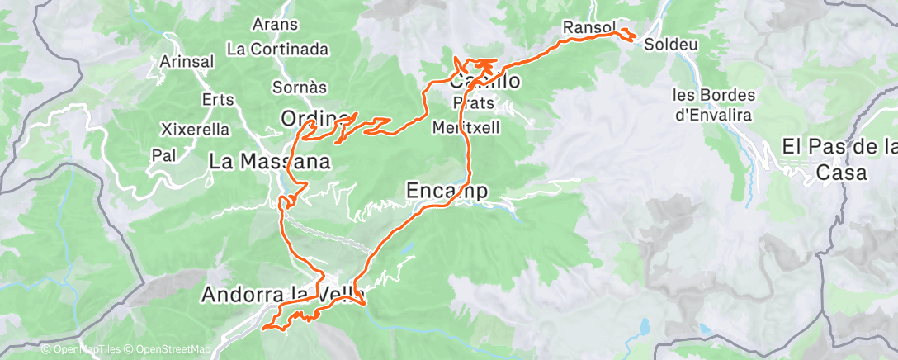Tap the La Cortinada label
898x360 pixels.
click(x=277, y=49)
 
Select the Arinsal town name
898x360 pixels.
click(x=187, y=62)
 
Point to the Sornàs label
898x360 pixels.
click(x=300, y=87)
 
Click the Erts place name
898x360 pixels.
click(x=218, y=99)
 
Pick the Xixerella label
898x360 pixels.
click(x=195, y=130)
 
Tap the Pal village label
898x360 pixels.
click(x=164, y=154)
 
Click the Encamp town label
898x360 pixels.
click(x=447, y=192)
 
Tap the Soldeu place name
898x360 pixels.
click(x=668, y=41)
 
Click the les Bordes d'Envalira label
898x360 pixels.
click(x=714, y=105)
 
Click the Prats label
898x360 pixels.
click(x=474, y=103)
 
